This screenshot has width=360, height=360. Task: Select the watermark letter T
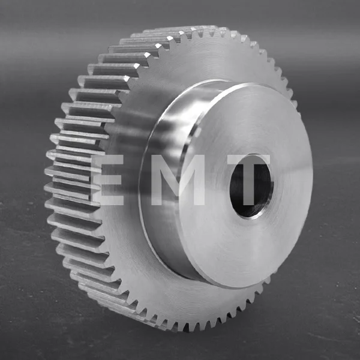point(250,180)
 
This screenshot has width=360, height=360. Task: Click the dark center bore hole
point(251,187)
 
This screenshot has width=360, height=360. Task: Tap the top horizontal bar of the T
point(250,160)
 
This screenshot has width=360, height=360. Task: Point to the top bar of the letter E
point(108,159)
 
